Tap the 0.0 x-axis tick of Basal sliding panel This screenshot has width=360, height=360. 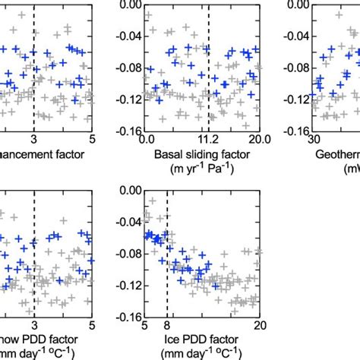click(147, 139)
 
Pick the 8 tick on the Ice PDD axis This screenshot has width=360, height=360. click(167, 325)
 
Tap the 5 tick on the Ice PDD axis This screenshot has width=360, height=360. click(145, 325)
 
